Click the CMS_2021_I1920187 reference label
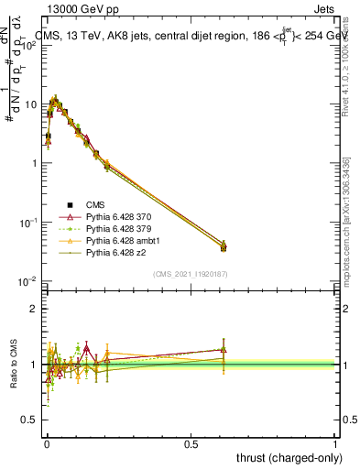(191, 274)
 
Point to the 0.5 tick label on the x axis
(191, 443)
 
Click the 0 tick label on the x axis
(47, 443)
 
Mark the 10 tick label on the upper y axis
(31, 104)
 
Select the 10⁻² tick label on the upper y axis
(29, 281)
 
